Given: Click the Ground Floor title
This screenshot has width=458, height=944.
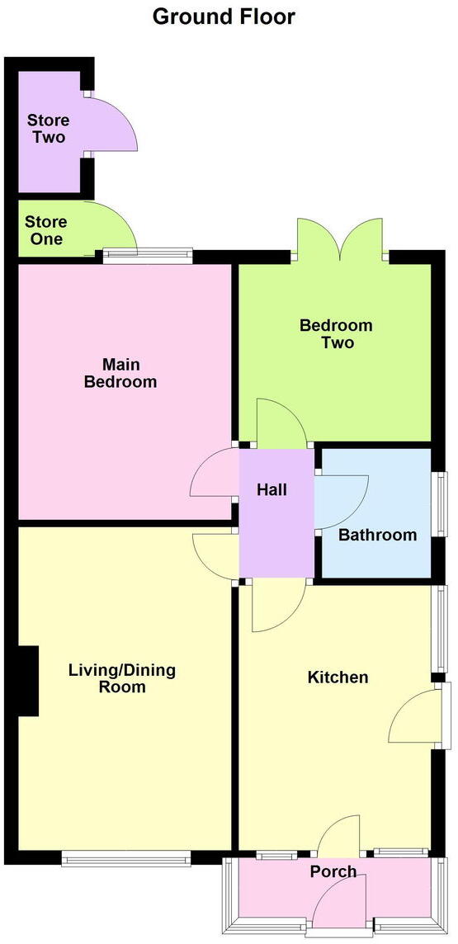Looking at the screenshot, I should point(224,16).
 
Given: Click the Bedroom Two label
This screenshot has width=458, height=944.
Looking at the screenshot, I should point(336,333).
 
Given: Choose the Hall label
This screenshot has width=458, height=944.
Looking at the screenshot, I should point(271,489).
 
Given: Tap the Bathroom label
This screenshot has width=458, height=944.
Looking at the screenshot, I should point(377,535).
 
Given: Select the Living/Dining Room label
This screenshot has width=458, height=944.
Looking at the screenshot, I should point(122,678).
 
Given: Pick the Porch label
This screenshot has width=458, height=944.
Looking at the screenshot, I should point(333,871).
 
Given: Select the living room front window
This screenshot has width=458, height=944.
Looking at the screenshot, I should point(126,859).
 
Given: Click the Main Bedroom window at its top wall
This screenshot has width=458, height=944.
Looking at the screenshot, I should point(148,256).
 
